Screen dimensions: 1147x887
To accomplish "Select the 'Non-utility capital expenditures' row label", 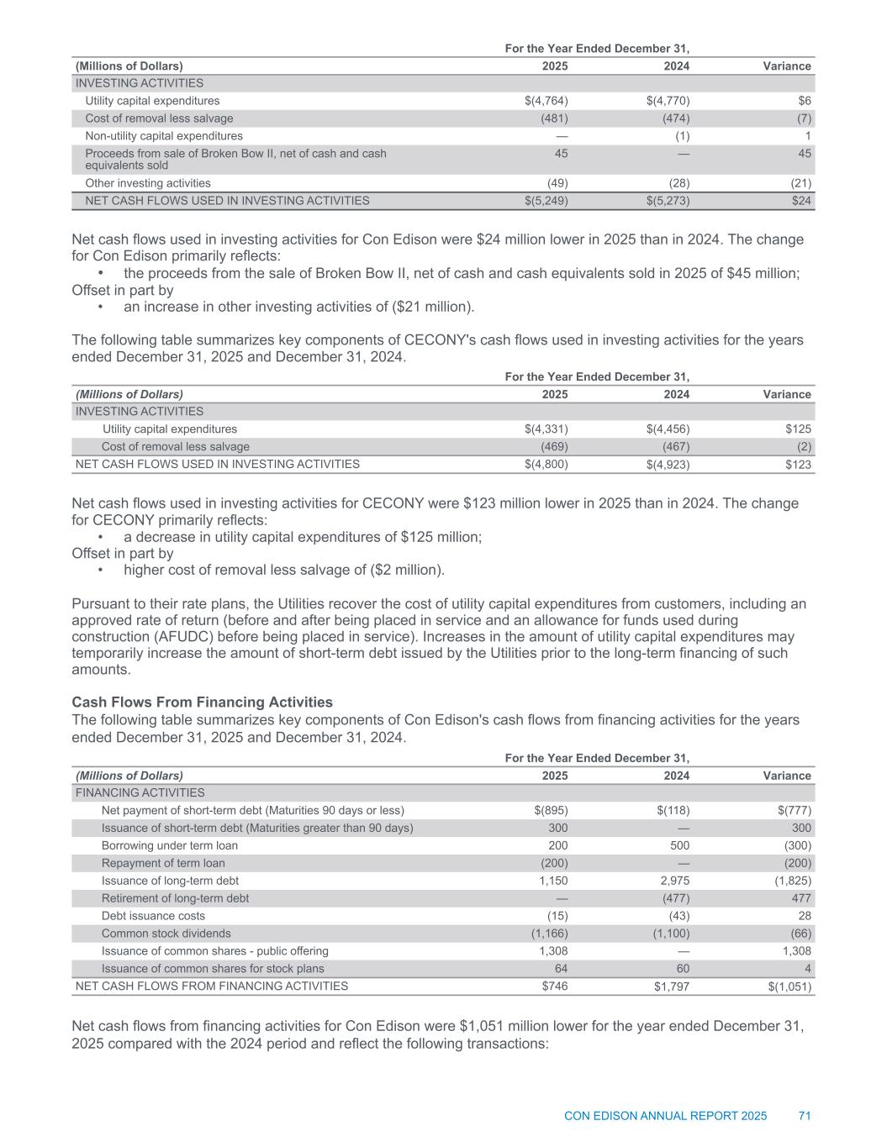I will (164, 136).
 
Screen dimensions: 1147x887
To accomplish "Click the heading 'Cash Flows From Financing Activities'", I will (202, 702).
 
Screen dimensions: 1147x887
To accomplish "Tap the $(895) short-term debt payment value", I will (551, 811).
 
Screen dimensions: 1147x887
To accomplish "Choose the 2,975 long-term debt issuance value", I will (673, 881).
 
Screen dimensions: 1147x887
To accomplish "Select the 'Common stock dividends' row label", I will (166, 934).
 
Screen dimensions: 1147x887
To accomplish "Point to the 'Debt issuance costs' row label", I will (153, 916).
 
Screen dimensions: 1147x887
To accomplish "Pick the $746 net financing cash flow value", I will (555, 987).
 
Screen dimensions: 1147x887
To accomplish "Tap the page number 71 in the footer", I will (805, 1116).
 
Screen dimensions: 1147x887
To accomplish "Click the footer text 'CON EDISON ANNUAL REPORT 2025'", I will (665, 1116).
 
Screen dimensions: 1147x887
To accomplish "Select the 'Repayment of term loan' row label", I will (163, 863).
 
